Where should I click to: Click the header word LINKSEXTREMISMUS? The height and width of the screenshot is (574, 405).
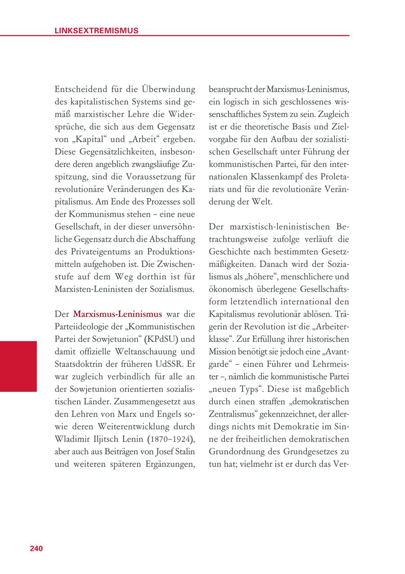coord(96,31)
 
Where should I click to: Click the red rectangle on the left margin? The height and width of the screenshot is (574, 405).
coord(18,366)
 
